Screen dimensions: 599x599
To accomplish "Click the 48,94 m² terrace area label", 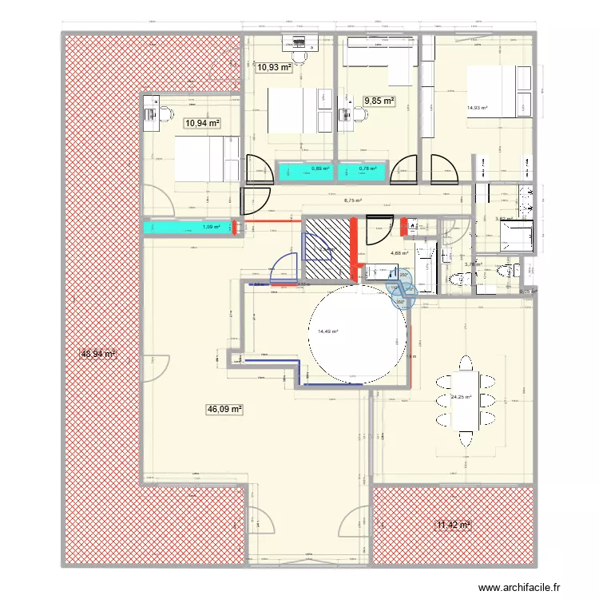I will (x=98, y=353).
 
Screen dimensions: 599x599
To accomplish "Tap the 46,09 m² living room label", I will (x=224, y=409).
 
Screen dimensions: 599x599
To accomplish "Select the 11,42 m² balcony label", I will (x=453, y=525).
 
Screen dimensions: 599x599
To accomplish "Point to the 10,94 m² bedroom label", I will (x=202, y=123).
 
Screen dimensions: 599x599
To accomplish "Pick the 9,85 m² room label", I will (x=380, y=101).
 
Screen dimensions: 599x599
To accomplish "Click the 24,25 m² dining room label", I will (x=461, y=398).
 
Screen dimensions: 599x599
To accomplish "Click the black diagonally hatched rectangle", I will (x=327, y=248).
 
